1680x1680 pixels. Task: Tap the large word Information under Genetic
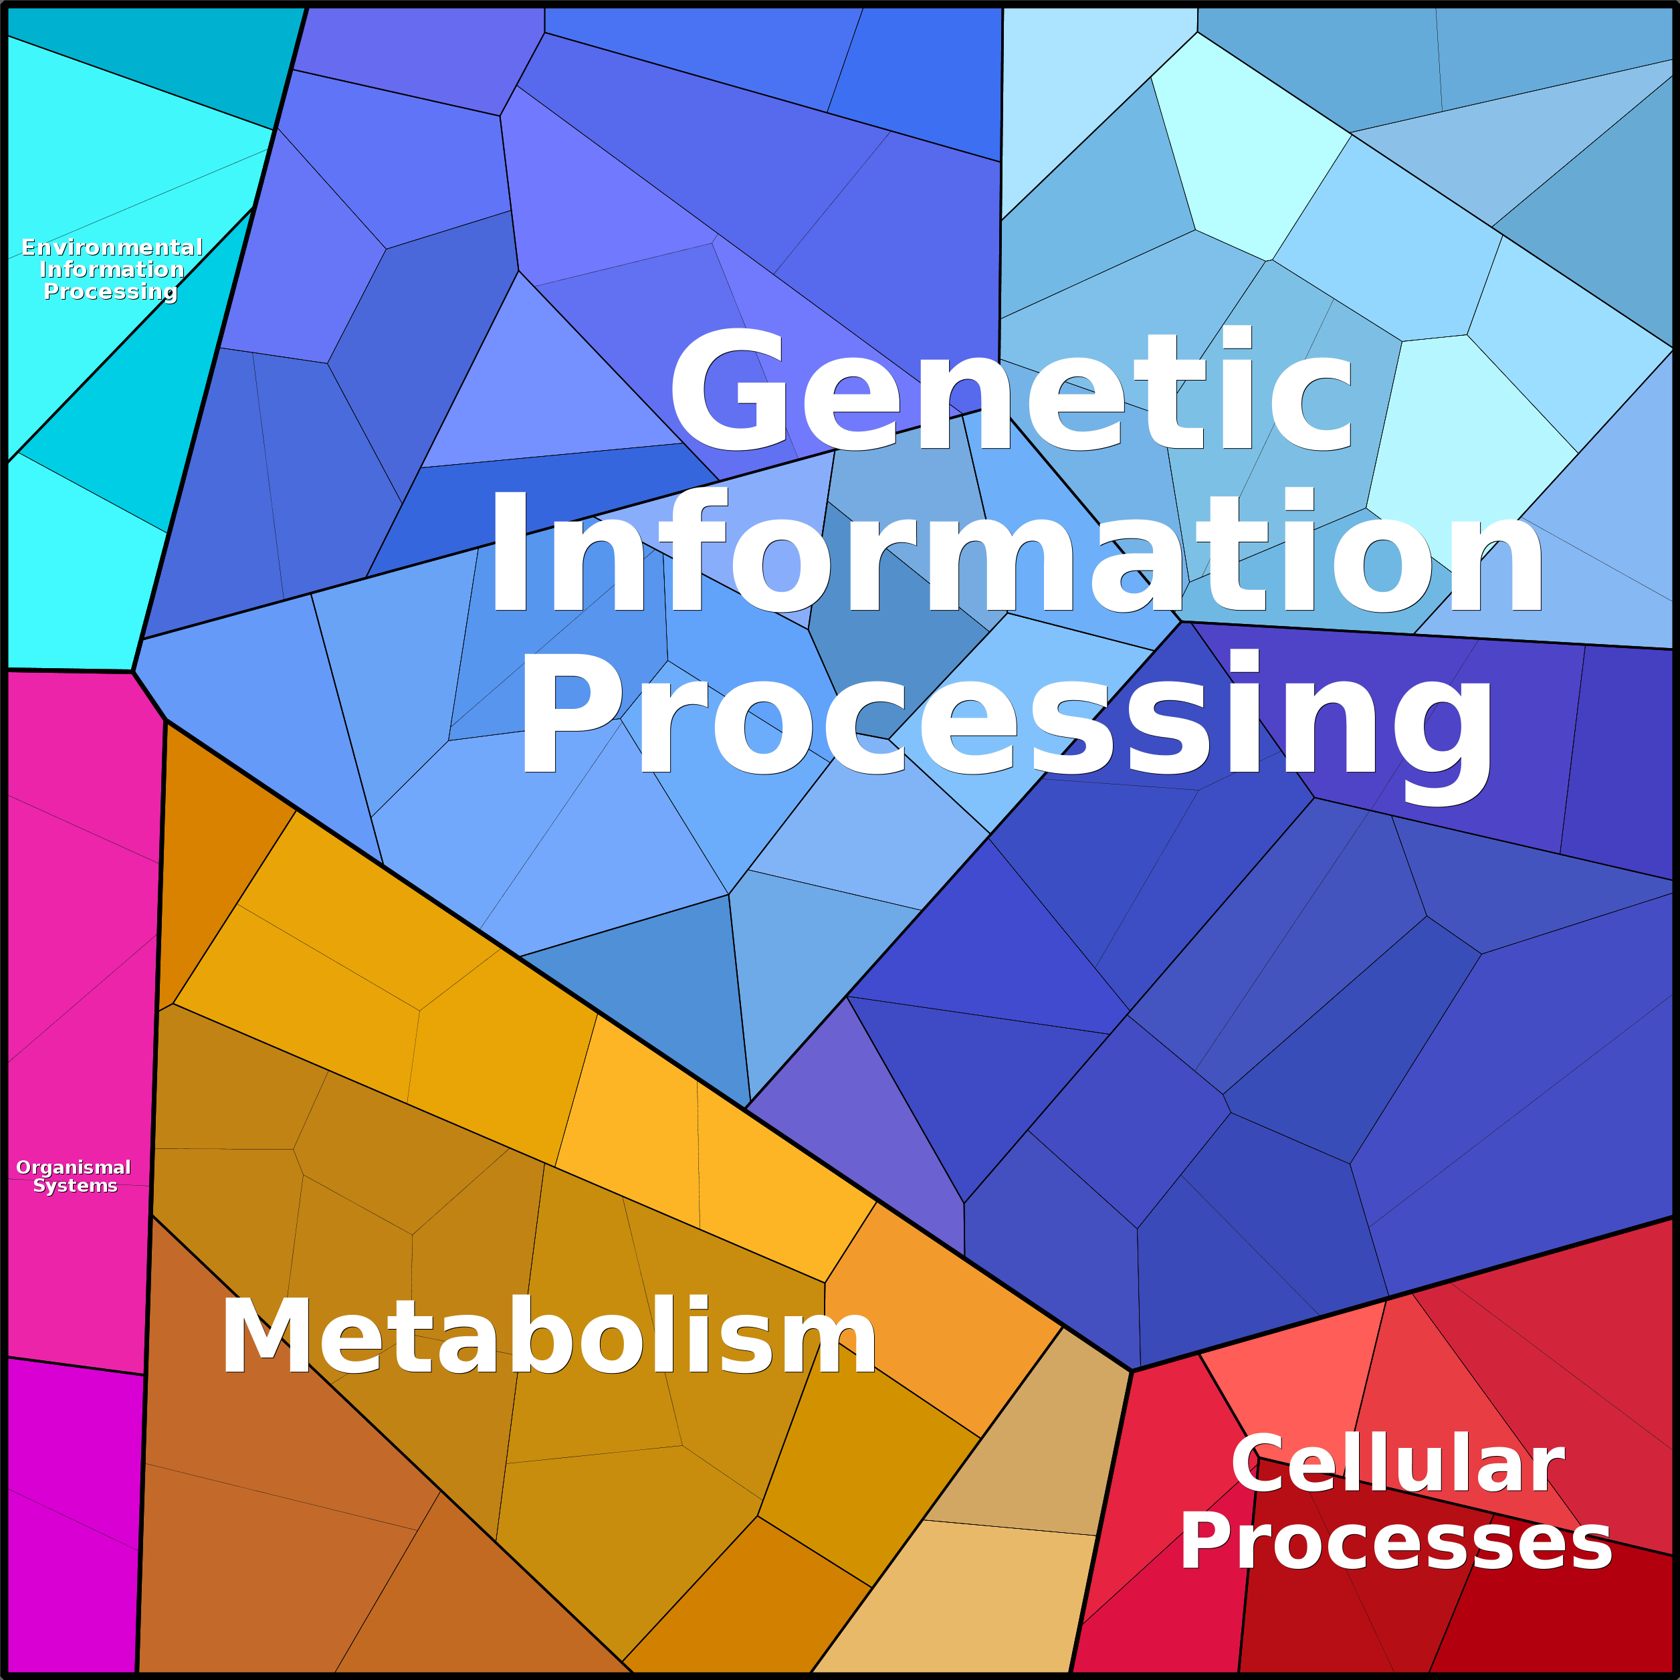(1015, 552)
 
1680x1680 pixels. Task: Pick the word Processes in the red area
(1395, 1542)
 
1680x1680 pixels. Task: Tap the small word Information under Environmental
(112, 270)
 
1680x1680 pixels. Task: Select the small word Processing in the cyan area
(110, 292)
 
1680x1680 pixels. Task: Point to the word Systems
(75, 1186)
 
